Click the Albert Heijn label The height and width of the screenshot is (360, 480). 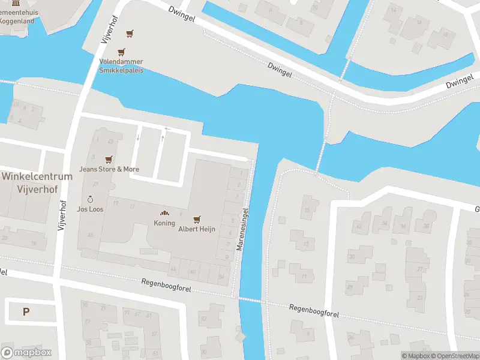(x=196, y=229)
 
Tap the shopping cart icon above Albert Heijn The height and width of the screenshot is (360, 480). (x=196, y=220)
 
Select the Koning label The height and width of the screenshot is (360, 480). (x=164, y=223)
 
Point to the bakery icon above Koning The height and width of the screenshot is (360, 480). (x=164, y=214)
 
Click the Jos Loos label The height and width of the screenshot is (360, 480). (x=90, y=209)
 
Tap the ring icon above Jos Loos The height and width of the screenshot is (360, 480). (x=90, y=199)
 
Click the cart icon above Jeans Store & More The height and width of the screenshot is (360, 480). (x=109, y=160)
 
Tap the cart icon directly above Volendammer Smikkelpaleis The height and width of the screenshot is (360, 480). (x=122, y=52)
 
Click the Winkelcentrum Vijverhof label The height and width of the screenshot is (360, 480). (x=37, y=182)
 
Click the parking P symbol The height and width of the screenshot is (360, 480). (x=26, y=311)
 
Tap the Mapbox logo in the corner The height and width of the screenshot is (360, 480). (x=26, y=353)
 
